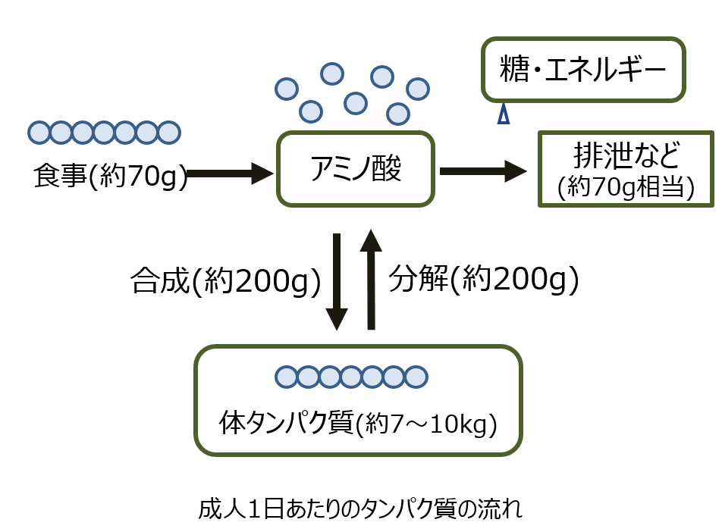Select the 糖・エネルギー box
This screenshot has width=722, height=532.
point(583,70)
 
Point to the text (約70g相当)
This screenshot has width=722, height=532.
point(626,186)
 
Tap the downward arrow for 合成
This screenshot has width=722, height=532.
point(337,281)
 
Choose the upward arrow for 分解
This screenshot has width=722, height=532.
point(371,280)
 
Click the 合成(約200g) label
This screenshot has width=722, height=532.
point(226,282)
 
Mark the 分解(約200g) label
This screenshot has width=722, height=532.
point(484,280)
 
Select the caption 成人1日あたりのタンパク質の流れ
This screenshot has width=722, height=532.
point(360,507)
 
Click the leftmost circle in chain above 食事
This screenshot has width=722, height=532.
point(39,133)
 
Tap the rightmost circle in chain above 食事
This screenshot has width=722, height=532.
point(168,133)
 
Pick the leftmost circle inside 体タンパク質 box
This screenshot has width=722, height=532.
point(286,377)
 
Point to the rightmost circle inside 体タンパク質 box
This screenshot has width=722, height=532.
point(416,377)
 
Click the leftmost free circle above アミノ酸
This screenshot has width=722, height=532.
point(286,89)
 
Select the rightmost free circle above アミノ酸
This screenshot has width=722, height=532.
point(418,89)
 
